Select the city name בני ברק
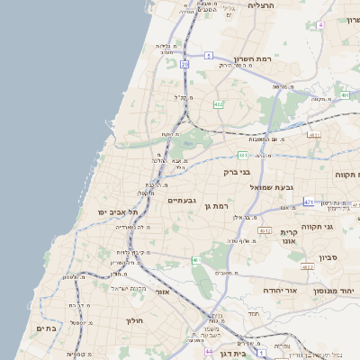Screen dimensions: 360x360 click(238, 169)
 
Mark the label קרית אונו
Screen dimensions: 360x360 click(289, 236)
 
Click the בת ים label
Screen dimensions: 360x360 click(45, 328)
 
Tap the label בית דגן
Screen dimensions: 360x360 click(233, 354)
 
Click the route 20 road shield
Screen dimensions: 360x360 click(184, 65)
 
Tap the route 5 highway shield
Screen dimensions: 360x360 click(208, 56)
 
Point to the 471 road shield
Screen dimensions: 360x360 click(309, 202)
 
